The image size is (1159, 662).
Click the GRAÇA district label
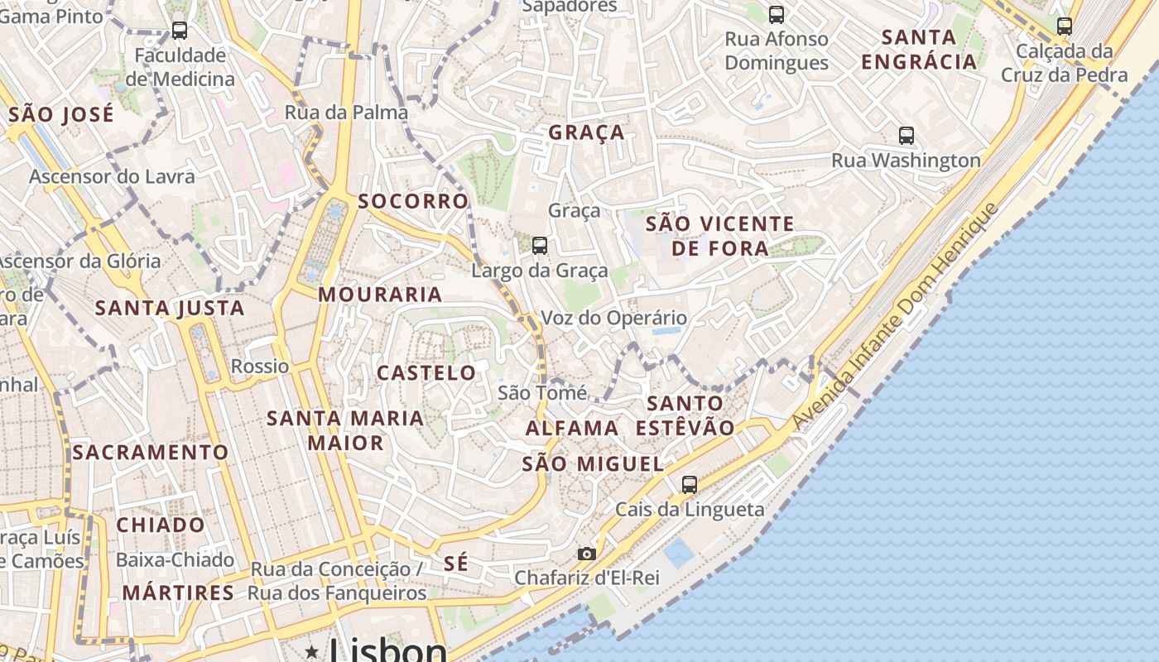(587, 132)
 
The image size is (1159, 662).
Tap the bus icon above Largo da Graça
(540, 245)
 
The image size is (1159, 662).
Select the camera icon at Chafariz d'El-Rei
(586, 554)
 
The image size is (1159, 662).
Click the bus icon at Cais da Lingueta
(690, 484)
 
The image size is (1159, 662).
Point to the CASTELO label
(426, 372)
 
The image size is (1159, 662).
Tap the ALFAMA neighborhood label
(572, 428)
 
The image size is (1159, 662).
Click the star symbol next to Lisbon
(312, 651)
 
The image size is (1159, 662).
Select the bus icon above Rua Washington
(907, 135)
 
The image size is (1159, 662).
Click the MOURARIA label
(380, 295)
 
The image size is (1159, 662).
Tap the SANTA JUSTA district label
(170, 309)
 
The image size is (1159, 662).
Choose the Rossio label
(260, 366)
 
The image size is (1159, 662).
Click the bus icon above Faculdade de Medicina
(179, 31)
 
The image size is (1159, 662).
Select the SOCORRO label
(413, 201)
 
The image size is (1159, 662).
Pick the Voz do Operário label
(613, 318)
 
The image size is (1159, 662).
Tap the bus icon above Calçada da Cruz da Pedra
(1065, 26)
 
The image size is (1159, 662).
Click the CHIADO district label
(161, 525)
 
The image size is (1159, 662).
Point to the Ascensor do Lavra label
(113, 176)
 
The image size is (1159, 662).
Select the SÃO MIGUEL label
(593, 464)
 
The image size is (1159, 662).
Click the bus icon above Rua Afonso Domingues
(776, 13)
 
